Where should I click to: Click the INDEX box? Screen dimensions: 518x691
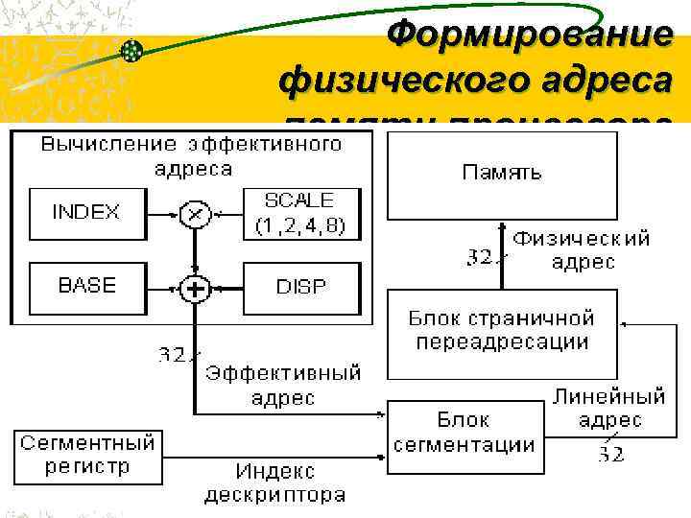[x=86, y=212]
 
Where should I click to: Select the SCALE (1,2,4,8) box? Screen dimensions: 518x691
[x=299, y=213]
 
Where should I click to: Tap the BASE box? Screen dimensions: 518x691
[x=86, y=286]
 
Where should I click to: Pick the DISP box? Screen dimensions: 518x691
[x=300, y=287]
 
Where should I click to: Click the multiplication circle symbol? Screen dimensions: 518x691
[x=195, y=213]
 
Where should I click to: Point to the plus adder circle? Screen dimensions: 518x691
[x=195, y=287]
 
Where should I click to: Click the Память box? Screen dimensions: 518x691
[x=501, y=174]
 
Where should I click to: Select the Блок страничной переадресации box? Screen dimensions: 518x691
[x=501, y=331]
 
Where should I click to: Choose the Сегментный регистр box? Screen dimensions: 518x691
[x=87, y=455]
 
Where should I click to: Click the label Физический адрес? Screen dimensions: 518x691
[x=581, y=249]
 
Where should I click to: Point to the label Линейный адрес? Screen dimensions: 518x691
[x=609, y=408]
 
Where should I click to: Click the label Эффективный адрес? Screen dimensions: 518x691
[x=283, y=385]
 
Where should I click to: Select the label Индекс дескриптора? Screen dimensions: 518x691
[x=275, y=483]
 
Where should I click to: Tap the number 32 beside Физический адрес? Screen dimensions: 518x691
[x=480, y=257]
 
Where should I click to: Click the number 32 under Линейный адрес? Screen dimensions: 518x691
[x=610, y=454]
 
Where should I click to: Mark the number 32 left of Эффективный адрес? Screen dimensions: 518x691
[x=173, y=355]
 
